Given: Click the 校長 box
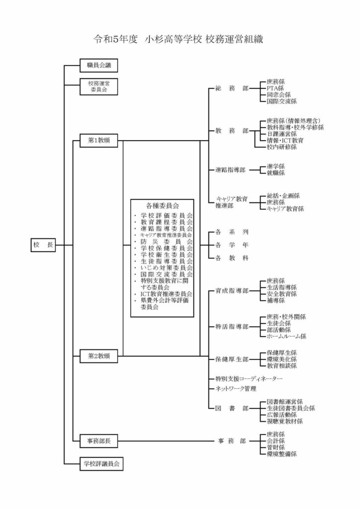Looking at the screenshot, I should [43, 245].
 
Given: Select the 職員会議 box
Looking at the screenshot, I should [99, 65].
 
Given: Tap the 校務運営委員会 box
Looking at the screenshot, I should [99, 87].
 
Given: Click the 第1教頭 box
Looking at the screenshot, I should [99, 141].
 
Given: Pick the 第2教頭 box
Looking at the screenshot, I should [99, 356].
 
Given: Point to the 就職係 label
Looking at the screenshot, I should [275, 173].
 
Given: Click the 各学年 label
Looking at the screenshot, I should [228, 245].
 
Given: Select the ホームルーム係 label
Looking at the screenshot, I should [286, 336].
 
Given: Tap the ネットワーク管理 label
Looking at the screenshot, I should [236, 388].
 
